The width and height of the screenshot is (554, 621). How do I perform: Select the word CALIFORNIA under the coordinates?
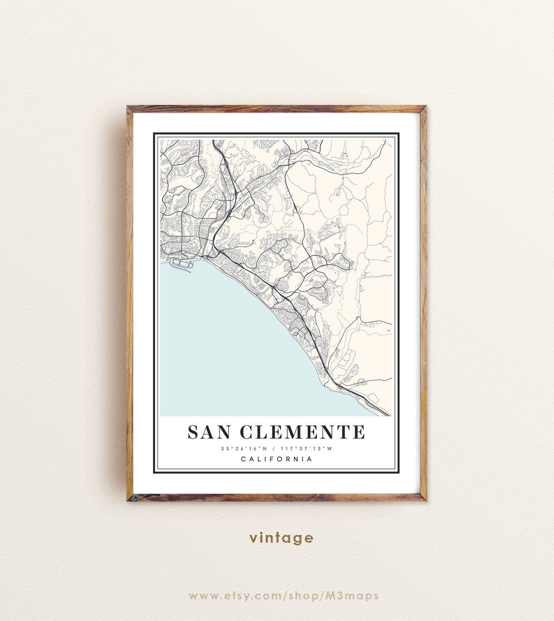point(276,459)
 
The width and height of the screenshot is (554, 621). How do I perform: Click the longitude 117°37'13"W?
point(307,449)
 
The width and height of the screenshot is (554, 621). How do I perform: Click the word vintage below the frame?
point(281,538)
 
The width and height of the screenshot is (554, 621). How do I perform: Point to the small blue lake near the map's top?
point(321,163)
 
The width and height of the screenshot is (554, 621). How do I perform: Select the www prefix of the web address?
point(202,596)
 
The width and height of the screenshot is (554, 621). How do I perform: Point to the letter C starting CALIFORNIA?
point(243,459)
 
